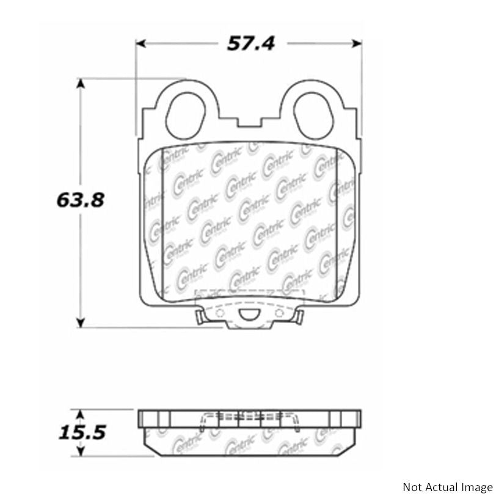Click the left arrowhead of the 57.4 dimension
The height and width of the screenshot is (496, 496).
(142, 43)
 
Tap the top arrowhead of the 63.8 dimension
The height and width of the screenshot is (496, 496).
(80, 82)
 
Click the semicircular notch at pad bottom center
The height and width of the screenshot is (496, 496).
(249, 315)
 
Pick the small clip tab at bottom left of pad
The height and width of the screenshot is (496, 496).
(200, 316)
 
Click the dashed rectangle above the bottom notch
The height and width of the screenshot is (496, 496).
(249, 298)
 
